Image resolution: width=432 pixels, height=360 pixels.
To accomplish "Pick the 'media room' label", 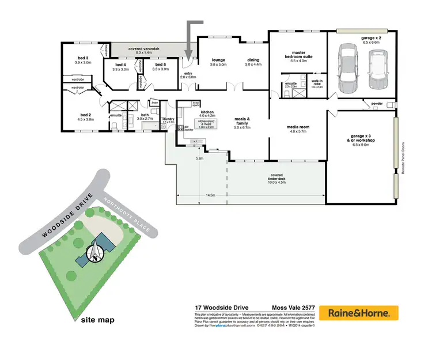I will (x=298, y=128).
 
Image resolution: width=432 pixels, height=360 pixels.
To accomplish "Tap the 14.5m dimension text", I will (x=211, y=196).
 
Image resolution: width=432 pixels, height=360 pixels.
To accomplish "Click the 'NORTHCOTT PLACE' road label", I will (x=126, y=215).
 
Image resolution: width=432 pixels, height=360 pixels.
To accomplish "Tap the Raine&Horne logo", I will (x=359, y=313).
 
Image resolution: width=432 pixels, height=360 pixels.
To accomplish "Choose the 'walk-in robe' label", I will (x=317, y=84).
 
